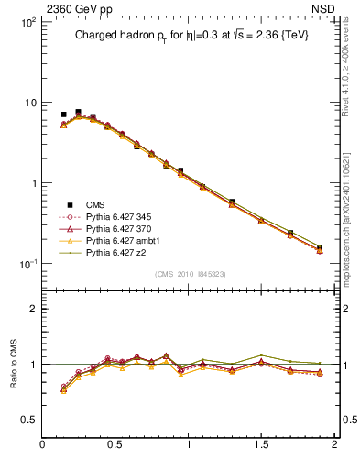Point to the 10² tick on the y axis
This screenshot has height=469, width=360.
[x=28, y=22]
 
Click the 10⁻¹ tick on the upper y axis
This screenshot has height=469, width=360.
[x=28, y=264]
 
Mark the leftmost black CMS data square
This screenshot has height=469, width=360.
[x=63, y=115]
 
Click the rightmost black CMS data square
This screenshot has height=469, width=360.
[x=320, y=246]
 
